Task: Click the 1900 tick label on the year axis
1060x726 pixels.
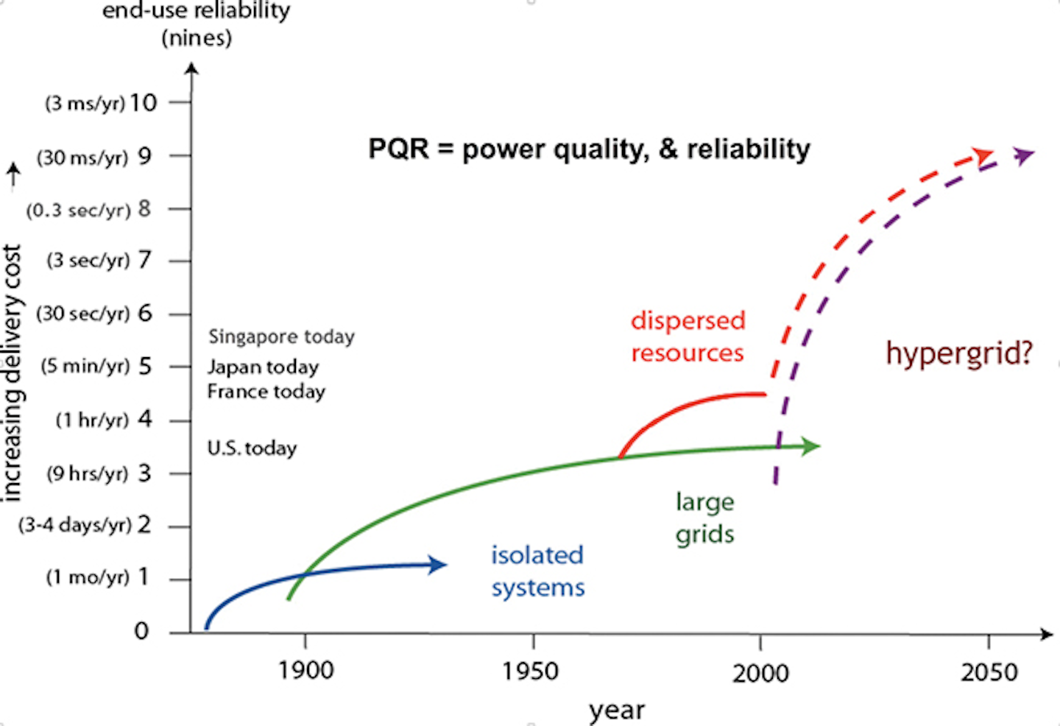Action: click(305, 670)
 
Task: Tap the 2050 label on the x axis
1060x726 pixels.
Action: click(989, 672)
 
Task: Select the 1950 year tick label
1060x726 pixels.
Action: click(532, 671)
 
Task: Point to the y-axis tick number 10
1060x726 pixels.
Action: click(144, 102)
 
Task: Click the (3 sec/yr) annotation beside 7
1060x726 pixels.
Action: click(88, 260)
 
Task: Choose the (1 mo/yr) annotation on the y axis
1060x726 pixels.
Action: click(87, 577)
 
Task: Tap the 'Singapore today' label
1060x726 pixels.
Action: click(281, 336)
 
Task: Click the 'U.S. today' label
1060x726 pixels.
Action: click(252, 448)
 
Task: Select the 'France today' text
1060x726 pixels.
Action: click(266, 391)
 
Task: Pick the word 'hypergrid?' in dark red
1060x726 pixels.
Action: click(959, 353)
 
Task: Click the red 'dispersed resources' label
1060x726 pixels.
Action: click(688, 336)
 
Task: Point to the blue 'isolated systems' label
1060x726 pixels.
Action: click(537, 571)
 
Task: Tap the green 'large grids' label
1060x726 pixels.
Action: click(704, 518)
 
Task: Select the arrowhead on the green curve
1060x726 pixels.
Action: click(811, 445)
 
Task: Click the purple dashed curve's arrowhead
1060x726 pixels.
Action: click(1024, 155)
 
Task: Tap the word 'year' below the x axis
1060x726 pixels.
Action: click(617, 710)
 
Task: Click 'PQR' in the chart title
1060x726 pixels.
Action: click(398, 149)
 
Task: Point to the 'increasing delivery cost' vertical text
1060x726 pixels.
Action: click(13, 372)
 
